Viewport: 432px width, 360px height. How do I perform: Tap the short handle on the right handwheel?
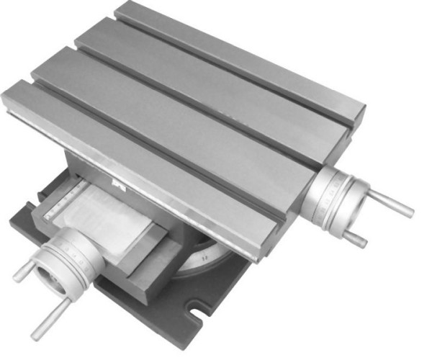coord(353,237)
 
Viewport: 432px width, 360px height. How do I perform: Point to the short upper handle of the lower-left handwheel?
coord(23,270)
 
